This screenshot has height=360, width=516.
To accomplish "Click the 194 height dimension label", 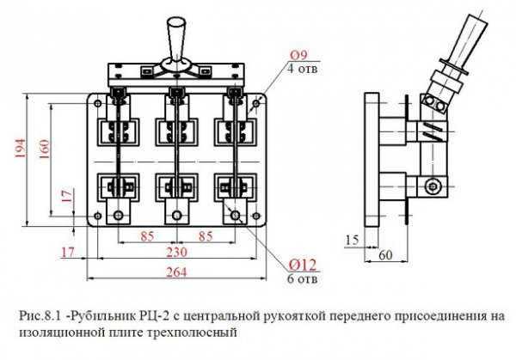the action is (20, 149).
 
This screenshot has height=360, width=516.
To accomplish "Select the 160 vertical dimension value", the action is (44, 149).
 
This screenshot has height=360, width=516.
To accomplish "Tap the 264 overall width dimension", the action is (176, 272).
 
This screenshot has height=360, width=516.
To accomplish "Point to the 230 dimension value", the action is (176, 252).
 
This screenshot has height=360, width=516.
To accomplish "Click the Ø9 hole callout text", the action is (298, 55).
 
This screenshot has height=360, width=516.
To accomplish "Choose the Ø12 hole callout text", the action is (303, 265).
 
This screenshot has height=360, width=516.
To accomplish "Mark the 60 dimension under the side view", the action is (385, 255).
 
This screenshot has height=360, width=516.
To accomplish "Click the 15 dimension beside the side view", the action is (352, 241).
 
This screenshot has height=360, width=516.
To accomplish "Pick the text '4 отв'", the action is (303, 69).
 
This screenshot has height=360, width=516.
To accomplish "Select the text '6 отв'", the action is (303, 278).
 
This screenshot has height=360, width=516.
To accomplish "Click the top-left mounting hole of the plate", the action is (98, 103).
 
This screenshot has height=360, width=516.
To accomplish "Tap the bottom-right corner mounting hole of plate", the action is (256, 216).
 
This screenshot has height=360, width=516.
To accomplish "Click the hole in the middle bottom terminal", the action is (176, 216).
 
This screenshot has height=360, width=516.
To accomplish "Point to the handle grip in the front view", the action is (176, 39).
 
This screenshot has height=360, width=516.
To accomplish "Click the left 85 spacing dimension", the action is (147, 236).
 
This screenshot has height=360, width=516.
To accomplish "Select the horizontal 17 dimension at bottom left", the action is (68, 253).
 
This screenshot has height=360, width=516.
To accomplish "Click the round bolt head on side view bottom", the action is (432, 186).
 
